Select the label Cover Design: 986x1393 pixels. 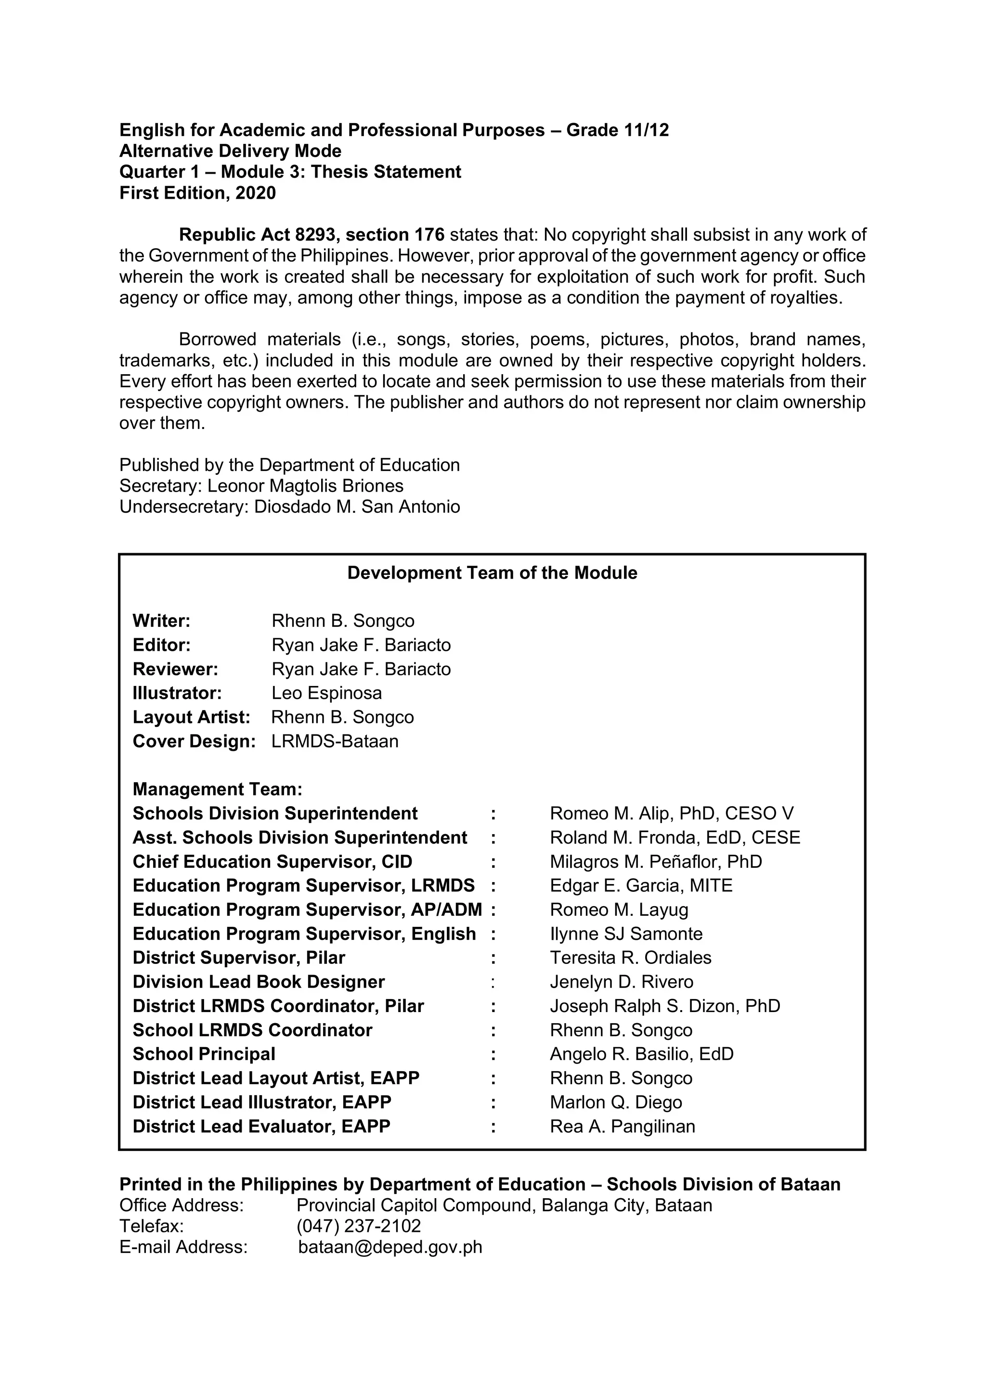tap(194, 741)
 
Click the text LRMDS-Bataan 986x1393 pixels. tap(335, 741)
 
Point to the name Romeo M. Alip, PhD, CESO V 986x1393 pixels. tap(672, 813)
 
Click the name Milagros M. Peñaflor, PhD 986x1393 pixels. tap(656, 861)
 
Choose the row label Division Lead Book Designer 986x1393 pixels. tap(259, 982)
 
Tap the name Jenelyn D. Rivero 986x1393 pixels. tap(621, 982)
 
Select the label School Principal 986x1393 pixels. tap(204, 1054)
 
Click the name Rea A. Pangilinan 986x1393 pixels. tap(623, 1126)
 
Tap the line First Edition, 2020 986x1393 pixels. tap(197, 193)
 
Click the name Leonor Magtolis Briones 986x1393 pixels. tap(305, 485)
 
